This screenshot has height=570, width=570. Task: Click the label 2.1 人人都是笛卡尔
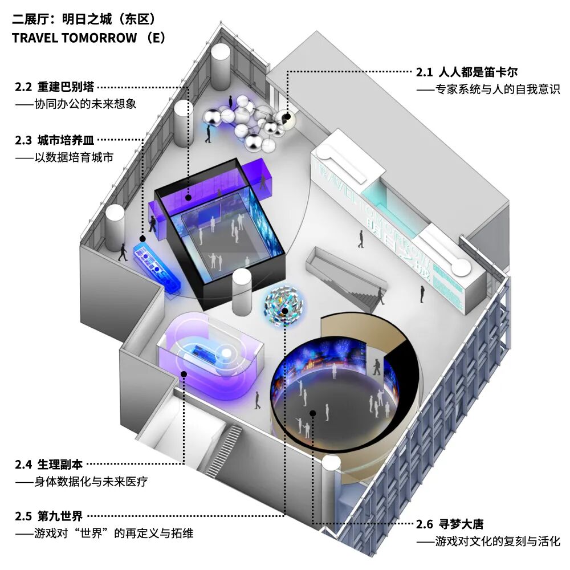[467, 72]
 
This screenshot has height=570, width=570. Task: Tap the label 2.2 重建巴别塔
[55, 87]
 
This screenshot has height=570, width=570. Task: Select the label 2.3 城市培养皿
[55, 140]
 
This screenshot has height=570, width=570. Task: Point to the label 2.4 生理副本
[48, 464]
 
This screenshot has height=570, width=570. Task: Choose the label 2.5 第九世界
[48, 516]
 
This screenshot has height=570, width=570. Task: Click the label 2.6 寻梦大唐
[450, 524]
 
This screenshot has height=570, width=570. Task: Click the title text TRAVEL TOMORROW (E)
[89, 38]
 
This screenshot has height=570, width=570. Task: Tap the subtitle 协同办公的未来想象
[76, 104]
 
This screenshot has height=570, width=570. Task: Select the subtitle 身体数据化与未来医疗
[82, 482]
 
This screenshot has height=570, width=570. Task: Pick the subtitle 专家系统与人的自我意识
[488, 89]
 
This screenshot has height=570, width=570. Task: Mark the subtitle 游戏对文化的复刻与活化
[488, 541]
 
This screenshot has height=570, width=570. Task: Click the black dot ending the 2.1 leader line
[287, 117]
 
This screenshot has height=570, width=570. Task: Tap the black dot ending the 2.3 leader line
[142, 239]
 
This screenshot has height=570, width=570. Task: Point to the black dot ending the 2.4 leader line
[184, 374]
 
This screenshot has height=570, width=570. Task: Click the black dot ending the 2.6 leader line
[312, 413]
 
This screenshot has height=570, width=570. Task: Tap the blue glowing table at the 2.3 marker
[157, 267]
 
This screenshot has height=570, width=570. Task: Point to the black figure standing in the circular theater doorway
[377, 367]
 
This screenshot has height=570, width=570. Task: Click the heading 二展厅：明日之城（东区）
[84, 19]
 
